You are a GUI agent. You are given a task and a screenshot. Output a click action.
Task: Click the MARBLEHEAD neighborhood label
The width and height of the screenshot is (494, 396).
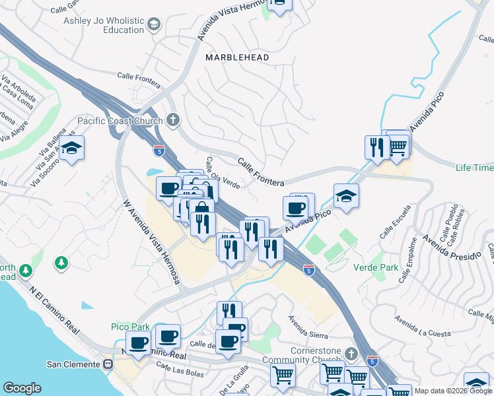[237, 58]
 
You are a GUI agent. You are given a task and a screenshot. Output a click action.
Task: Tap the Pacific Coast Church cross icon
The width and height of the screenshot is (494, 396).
[173, 120]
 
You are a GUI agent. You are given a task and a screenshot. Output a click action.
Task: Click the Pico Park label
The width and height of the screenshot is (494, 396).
[129, 327]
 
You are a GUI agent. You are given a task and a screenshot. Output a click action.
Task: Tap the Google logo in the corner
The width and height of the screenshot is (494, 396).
[22, 388]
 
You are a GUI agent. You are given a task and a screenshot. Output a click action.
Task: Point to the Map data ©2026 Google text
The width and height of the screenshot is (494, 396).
[453, 391]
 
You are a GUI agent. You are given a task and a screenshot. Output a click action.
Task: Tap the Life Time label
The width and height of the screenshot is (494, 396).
[474, 168]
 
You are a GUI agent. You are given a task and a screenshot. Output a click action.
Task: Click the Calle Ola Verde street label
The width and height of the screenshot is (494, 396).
[222, 173]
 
